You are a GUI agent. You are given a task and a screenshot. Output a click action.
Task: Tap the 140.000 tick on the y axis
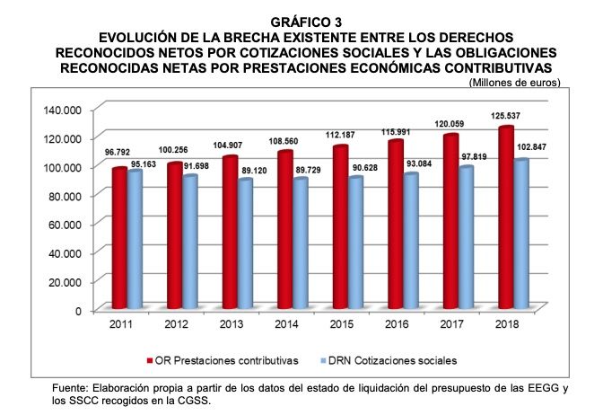(61, 109)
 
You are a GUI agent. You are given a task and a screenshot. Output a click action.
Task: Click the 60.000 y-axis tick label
(64, 224)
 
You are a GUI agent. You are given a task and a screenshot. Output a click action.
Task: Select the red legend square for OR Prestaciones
(150, 360)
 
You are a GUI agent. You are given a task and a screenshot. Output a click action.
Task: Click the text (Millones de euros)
(514, 83)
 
